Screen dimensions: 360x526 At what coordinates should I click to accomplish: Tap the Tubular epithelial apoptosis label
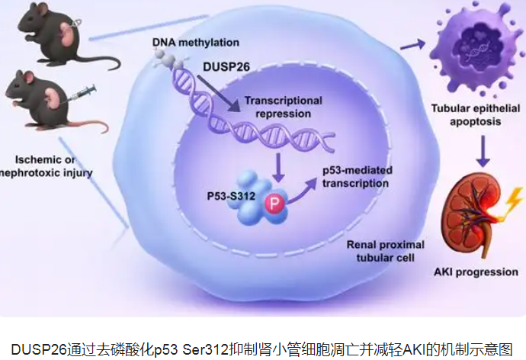[466, 114]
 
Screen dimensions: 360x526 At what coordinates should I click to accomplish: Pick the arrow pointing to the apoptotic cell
[413, 47]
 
